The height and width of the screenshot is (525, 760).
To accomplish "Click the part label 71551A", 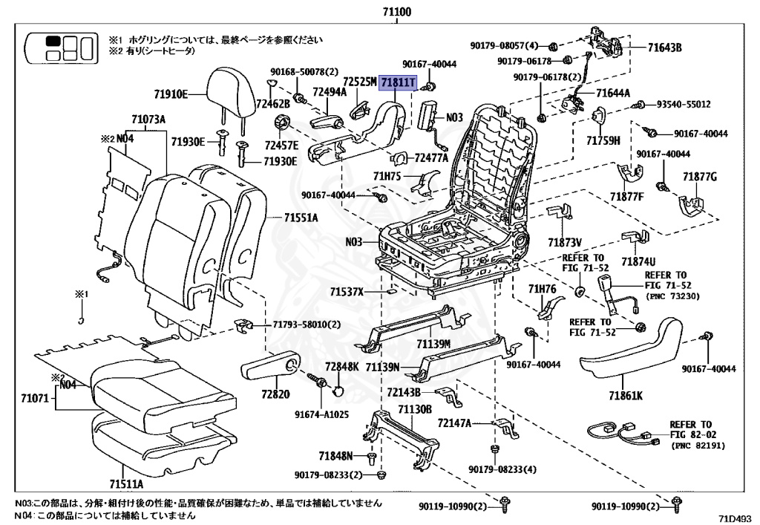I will pyautogui.click(x=301, y=218).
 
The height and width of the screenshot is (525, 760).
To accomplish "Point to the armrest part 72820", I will pyautogui.click(x=269, y=366).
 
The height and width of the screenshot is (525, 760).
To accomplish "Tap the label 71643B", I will pyautogui.click(x=664, y=48).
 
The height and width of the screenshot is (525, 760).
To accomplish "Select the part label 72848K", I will pyautogui.click(x=341, y=367).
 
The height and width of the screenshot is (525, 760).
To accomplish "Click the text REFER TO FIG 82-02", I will pyautogui.click(x=690, y=430).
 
